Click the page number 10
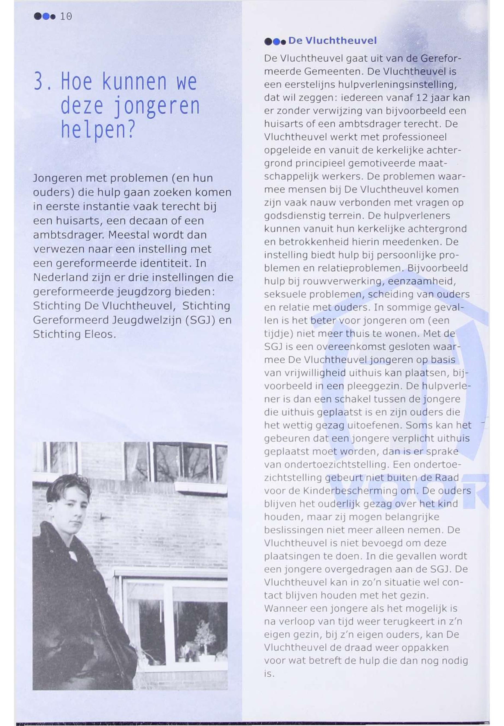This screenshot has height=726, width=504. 66,16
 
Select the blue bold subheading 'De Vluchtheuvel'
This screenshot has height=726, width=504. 332,41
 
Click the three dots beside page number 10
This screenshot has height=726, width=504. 45,16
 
